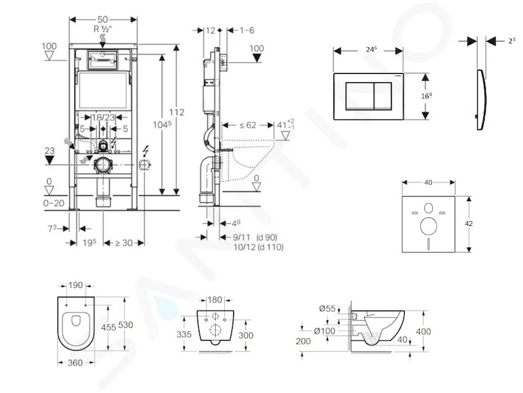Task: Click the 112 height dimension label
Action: pos(176,112)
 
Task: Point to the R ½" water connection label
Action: pos(103,29)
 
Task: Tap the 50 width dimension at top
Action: pos(103,20)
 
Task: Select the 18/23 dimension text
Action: pos(103,117)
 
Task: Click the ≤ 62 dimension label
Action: pos(248,125)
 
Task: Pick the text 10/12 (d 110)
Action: pos(258,247)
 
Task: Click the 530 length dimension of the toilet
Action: pos(126,324)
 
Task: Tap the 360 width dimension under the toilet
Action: pos(75,363)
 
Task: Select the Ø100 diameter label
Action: pos(324,331)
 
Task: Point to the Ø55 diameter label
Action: pos(328,309)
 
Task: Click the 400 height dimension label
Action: pos(423,331)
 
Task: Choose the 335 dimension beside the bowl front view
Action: pos(184,334)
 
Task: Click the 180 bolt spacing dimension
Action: pos(214,300)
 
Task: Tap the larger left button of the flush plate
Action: pos(360,96)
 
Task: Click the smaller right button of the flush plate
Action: pos(383,96)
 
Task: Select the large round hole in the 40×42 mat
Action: pos(429,226)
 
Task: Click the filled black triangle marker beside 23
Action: pos(50,160)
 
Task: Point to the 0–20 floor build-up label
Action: pos(54,203)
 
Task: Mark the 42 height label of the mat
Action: pos(468,223)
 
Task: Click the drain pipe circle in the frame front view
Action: pos(103,165)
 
